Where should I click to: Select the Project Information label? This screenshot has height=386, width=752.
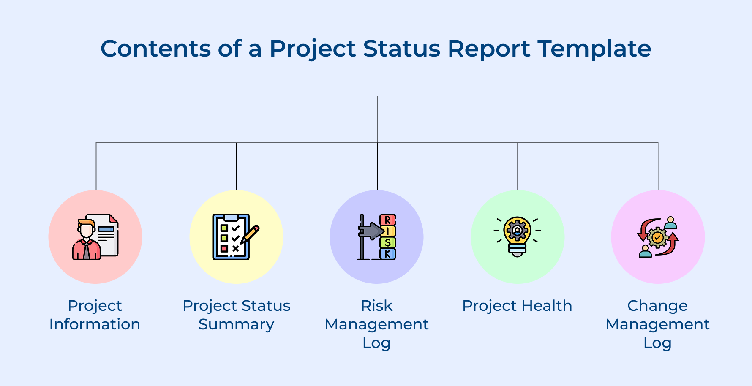point(95,315)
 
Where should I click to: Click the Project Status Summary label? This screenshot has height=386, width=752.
point(236,315)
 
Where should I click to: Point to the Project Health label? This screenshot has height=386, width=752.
point(517,306)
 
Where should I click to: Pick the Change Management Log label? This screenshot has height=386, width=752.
point(657,324)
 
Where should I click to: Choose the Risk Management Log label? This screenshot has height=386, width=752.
point(376,324)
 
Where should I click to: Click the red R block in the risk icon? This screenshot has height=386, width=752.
point(387,220)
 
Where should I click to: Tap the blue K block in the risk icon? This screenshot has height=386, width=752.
point(387,254)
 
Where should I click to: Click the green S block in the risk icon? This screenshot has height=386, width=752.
point(387,243)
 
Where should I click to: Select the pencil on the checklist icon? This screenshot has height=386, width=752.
point(250,234)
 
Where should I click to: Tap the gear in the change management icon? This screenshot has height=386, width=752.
point(657,238)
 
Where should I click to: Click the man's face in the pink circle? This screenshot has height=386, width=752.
point(87,231)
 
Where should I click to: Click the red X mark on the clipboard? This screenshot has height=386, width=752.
point(235,248)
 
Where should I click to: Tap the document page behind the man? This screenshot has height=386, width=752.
point(108,236)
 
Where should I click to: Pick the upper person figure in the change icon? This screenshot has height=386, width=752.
point(670,223)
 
